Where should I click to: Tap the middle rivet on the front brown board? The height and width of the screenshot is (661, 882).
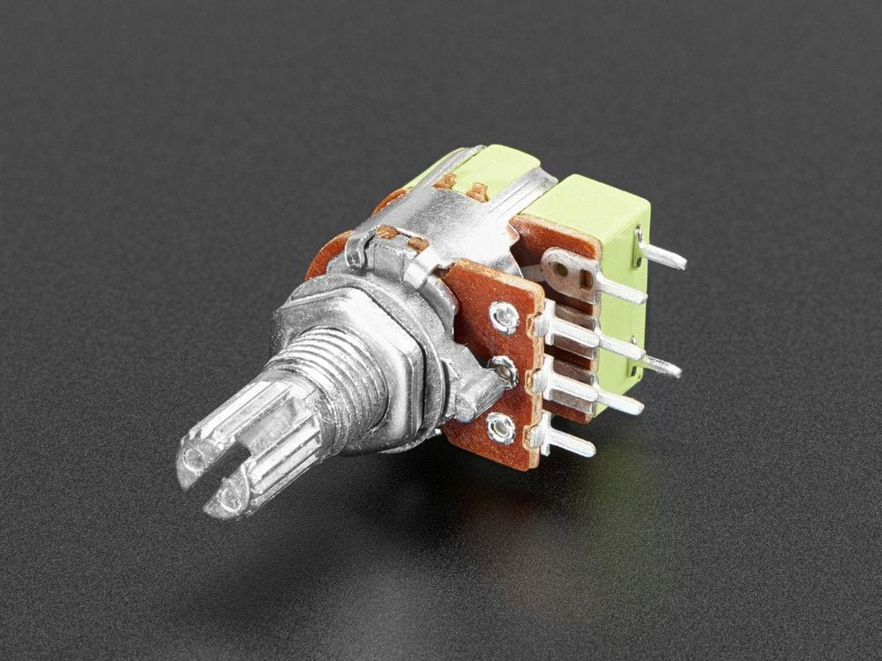(x=504, y=373)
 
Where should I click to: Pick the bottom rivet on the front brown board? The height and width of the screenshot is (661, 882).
(x=501, y=428)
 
